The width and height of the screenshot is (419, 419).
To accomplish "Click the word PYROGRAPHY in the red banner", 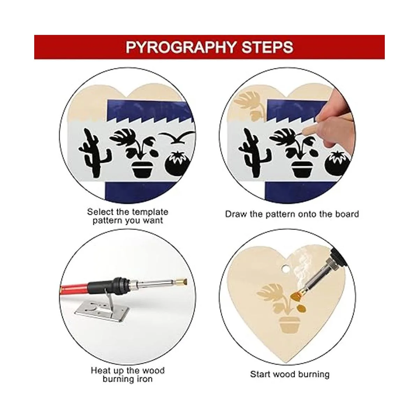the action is pos(181,47).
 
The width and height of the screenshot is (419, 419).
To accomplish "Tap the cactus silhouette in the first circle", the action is pos(94,153).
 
